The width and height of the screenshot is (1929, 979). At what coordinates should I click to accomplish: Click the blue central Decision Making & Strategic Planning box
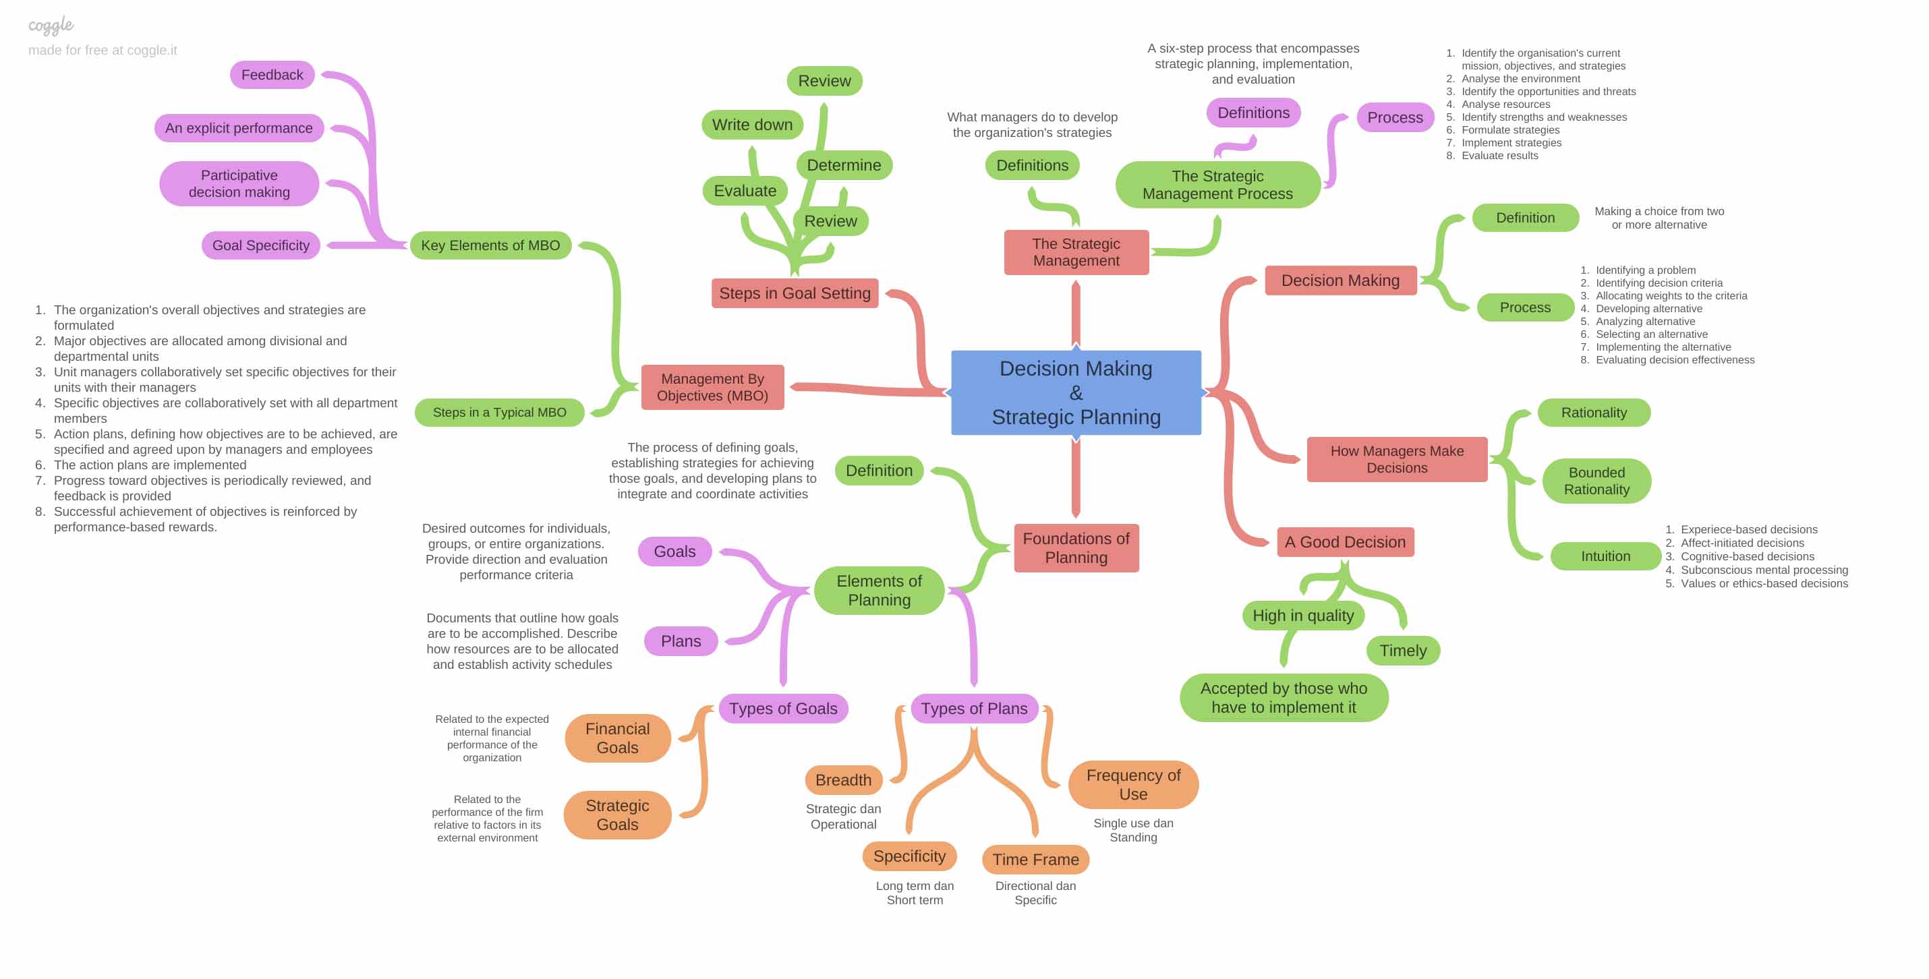[1075, 392]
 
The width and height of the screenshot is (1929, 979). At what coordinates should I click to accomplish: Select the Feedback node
[272, 75]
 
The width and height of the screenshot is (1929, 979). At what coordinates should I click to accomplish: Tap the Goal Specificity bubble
[260, 245]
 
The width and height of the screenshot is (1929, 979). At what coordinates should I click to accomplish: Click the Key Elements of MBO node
[490, 245]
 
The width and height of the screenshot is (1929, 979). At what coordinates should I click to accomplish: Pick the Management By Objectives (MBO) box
[712, 387]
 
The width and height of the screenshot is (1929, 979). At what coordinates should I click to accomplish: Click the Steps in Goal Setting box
[795, 293]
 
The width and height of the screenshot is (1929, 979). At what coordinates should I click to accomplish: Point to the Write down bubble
[752, 125]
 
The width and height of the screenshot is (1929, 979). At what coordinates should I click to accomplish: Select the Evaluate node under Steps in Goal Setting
[745, 191]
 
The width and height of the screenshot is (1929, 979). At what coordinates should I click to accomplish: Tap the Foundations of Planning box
[1075, 548]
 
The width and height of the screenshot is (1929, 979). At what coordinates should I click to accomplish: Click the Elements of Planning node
[878, 591]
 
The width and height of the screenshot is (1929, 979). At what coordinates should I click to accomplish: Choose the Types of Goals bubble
[782, 709]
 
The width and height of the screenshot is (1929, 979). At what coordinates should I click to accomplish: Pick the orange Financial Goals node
[617, 738]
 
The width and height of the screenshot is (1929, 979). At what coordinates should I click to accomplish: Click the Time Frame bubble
[1035, 859]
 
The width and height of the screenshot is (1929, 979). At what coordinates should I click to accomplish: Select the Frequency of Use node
[1132, 784]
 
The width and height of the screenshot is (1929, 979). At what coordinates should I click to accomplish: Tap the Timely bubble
[1402, 651]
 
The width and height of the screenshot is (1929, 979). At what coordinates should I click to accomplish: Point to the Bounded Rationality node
[1596, 481]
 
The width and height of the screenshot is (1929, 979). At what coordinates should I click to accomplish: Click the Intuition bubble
[1605, 556]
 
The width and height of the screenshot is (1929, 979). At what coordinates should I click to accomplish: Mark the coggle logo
[51, 26]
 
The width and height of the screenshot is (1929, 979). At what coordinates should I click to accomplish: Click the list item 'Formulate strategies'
[1509, 129]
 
